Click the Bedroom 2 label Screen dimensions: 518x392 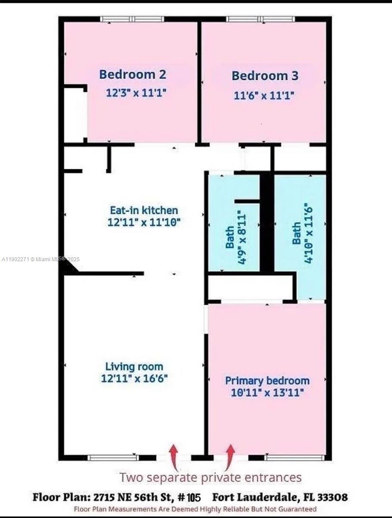(x=132, y=74)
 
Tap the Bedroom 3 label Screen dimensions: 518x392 (x=264, y=76)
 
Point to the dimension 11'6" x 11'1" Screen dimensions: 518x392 (x=264, y=95)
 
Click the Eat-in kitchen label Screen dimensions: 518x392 (x=143, y=211)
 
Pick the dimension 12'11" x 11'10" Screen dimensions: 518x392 (x=143, y=222)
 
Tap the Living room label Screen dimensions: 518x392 (x=134, y=366)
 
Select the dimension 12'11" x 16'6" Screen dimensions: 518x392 (x=134, y=379)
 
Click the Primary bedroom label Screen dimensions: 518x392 (x=267, y=381)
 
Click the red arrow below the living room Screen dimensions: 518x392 (x=174, y=457)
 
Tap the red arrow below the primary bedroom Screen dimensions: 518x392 (x=230, y=457)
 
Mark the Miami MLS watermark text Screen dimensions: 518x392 (x=41, y=259)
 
